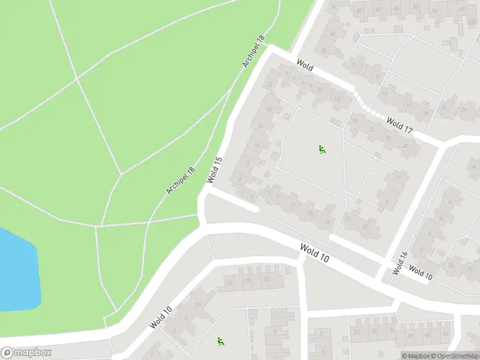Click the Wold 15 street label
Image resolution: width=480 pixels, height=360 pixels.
click(215, 170)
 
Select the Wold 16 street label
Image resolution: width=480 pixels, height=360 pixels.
click(400, 263)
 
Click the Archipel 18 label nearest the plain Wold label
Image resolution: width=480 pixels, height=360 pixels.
click(253, 51)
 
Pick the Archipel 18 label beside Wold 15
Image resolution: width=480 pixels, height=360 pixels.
click(181, 181)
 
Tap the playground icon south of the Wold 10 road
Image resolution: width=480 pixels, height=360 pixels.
click(221, 341)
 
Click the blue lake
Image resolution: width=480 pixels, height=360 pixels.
click(18, 270)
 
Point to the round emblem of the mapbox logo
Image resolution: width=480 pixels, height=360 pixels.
click(7, 353)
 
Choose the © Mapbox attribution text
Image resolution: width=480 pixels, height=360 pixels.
click(415, 356)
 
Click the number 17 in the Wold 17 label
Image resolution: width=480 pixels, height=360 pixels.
click(408, 128)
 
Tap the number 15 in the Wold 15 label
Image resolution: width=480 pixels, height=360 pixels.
click(218, 161)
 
